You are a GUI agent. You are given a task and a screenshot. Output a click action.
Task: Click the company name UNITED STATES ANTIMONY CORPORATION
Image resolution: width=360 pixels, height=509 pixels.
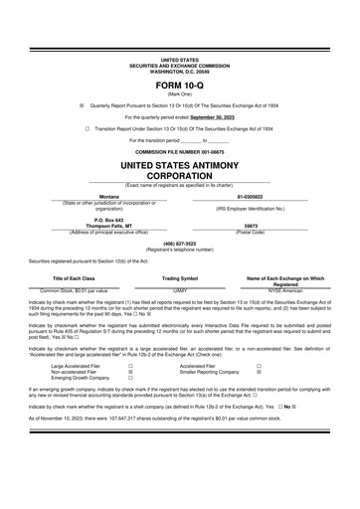(x=179, y=168)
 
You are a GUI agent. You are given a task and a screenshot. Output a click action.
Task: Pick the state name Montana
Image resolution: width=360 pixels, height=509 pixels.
(x=108, y=198)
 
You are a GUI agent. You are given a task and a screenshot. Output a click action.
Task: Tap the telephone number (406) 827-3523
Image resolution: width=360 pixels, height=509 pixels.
(x=179, y=243)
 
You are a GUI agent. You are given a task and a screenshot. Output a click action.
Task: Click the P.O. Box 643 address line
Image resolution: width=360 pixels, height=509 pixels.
(x=108, y=220)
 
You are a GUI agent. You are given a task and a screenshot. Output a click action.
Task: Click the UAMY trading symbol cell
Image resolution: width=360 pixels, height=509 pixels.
(x=180, y=290)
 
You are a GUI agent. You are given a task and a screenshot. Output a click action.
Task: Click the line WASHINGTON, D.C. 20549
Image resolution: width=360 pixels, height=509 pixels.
(x=179, y=72)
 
